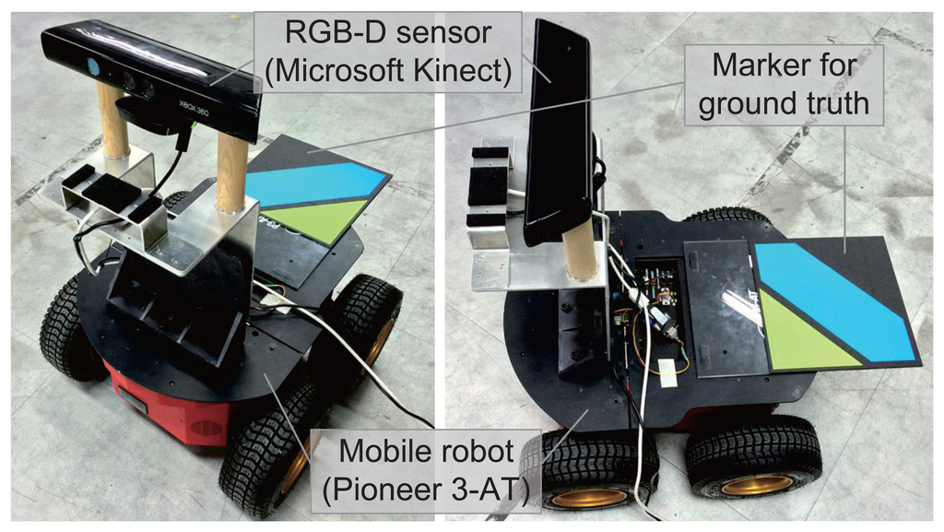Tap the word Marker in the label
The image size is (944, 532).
tap(748, 66)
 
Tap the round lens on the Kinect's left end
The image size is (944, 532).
tap(92, 66)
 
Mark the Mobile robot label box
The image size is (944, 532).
tap(427, 470)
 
